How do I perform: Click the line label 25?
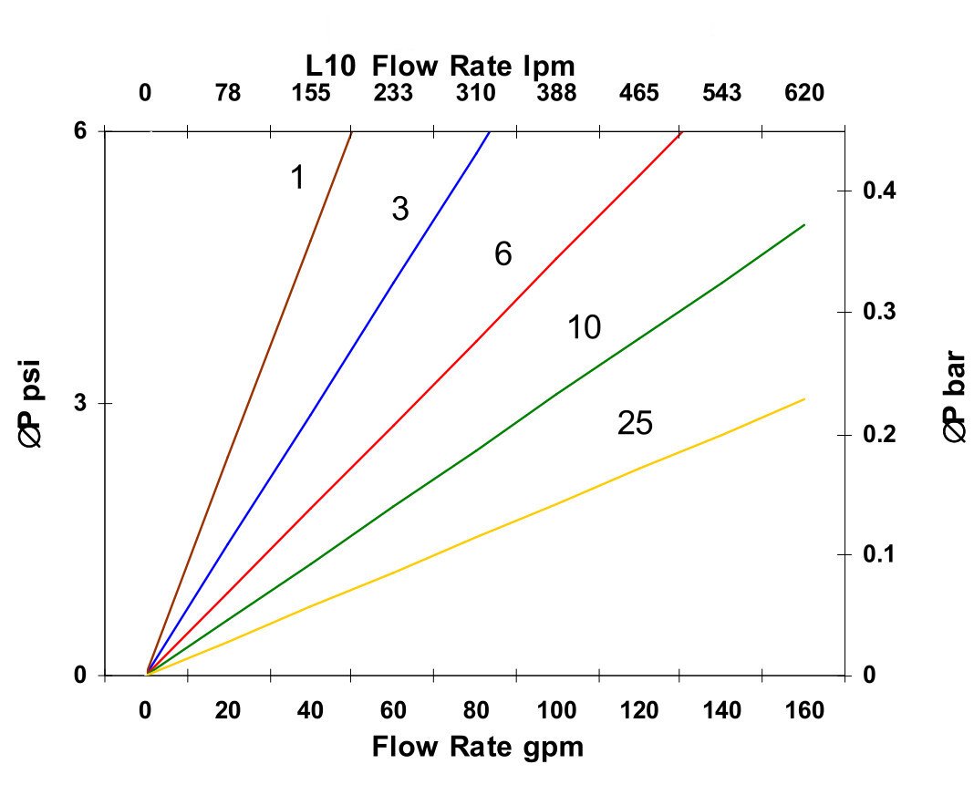tap(635, 423)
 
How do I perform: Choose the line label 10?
tap(584, 327)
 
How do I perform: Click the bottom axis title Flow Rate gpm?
tap(477, 747)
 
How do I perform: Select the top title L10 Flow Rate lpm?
tap(440, 66)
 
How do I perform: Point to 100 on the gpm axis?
tap(558, 710)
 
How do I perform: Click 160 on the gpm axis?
tap(803, 710)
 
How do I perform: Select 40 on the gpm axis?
tap(310, 710)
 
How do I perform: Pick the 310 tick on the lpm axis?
tap(475, 93)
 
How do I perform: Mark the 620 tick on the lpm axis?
tap(803, 93)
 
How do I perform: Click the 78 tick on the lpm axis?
tap(227, 93)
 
